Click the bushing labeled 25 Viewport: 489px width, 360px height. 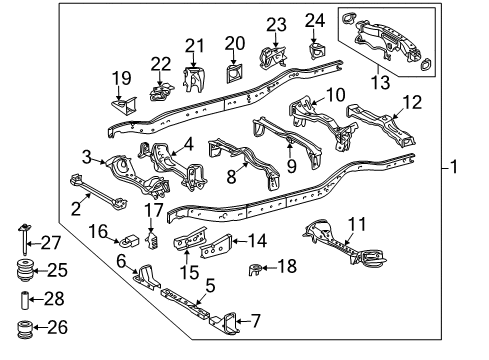tap(21, 272)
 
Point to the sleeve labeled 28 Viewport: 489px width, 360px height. tap(20, 300)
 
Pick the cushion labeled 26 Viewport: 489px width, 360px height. tap(21, 327)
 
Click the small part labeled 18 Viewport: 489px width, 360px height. tap(257, 267)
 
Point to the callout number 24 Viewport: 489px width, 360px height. tap(315, 20)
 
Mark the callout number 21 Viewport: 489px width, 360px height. tap(193, 44)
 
